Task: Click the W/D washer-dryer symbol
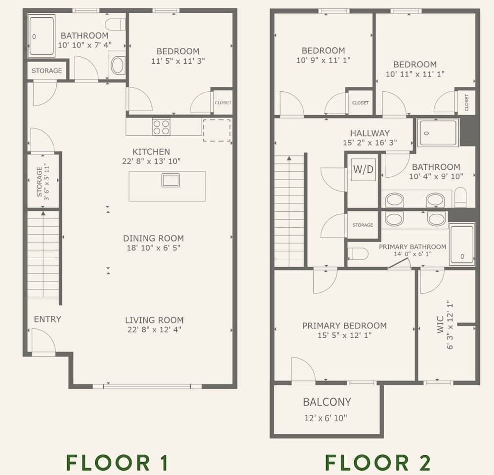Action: [364, 169]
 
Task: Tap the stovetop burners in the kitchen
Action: [162, 127]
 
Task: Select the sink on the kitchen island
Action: [171, 180]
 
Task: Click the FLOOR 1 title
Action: [118, 462]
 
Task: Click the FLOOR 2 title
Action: [378, 462]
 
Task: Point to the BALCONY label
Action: [327, 402]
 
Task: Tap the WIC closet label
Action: [441, 325]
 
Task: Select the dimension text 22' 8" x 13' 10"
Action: [151, 161]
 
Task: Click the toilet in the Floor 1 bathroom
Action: [115, 24]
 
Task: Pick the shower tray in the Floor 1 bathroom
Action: [41, 36]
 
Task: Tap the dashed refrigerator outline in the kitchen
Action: [217, 130]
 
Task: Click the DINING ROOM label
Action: [154, 238]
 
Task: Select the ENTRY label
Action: [47, 319]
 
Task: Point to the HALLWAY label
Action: [370, 133]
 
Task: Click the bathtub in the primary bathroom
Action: [462, 244]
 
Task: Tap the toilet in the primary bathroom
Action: [358, 254]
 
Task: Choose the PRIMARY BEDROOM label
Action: [344, 326]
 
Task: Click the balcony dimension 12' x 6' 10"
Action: [326, 418]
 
